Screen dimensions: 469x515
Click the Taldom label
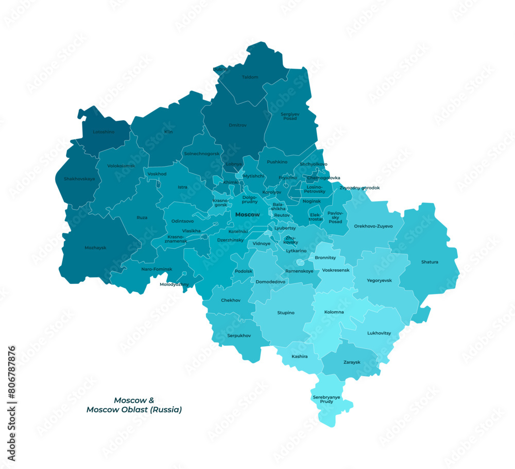click(250, 77)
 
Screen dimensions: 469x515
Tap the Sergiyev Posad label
click(289, 116)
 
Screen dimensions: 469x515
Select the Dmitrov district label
click(237, 125)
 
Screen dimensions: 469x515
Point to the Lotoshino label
click(104, 132)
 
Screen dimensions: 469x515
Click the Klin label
click(168, 132)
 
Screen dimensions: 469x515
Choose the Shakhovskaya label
click(79, 179)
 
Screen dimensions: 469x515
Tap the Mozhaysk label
click(95, 248)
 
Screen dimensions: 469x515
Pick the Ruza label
click(142, 218)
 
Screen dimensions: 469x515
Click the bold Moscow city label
click(247, 215)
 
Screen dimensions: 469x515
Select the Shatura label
click(430, 262)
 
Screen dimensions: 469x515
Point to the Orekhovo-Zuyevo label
click(373, 226)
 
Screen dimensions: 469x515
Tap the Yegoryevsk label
click(379, 280)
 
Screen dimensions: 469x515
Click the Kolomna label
click(334, 312)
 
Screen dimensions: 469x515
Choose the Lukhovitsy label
click(379, 333)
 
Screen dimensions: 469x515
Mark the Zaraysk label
click(352, 362)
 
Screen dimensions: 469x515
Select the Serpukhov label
click(239, 336)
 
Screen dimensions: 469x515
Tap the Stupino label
click(286, 313)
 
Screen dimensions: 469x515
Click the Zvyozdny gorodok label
click(359, 188)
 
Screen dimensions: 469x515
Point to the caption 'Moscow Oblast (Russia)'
click(134, 410)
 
